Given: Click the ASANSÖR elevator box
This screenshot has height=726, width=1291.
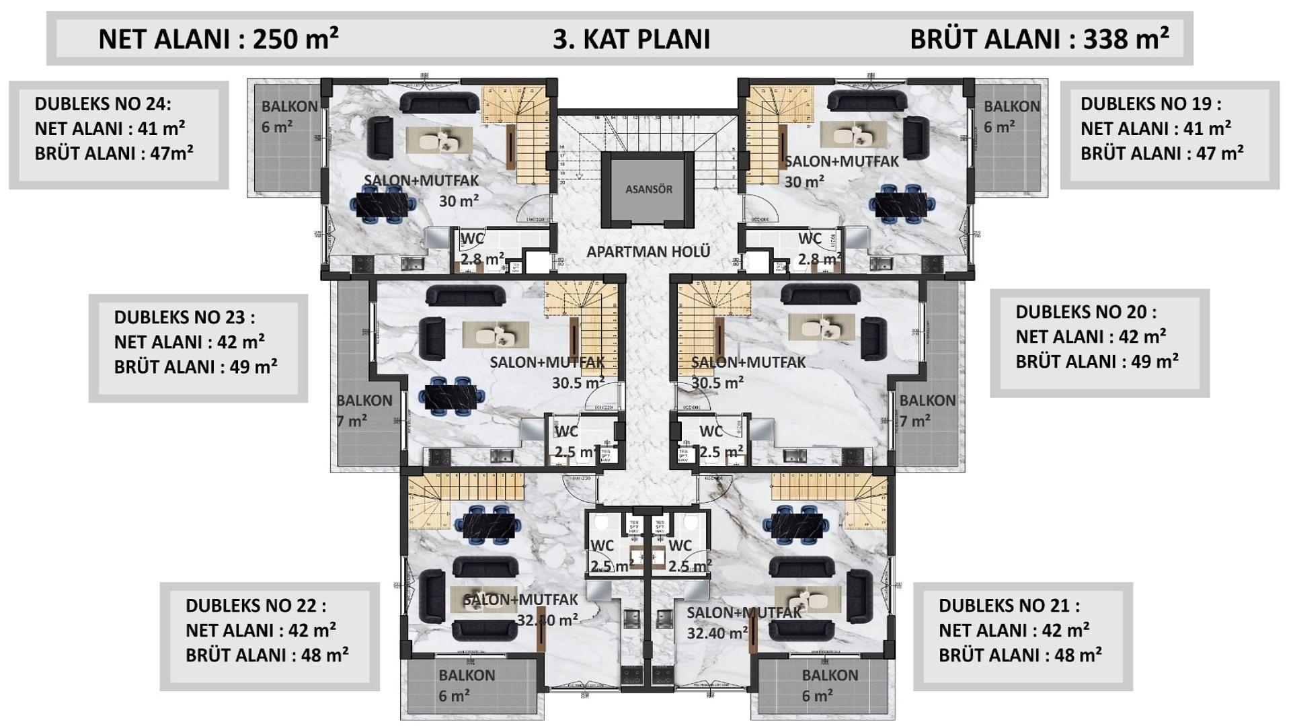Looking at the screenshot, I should click(x=648, y=189).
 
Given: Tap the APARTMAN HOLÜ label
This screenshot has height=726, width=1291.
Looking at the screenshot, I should click(x=648, y=251).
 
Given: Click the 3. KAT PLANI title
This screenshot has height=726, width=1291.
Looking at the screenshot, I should click(x=631, y=39).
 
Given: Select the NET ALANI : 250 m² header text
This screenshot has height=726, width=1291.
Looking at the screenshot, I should click(x=218, y=39).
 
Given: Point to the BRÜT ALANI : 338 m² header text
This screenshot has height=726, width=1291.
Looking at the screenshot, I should click(x=1039, y=39).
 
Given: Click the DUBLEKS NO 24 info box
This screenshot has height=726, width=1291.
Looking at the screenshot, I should click(x=118, y=134).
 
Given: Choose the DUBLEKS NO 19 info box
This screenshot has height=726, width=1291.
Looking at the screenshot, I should click(x=1169, y=134).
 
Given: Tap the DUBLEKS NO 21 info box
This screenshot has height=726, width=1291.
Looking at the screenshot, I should click(x=1022, y=636).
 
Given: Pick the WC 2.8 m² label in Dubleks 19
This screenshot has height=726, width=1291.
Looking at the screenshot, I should click(x=818, y=249).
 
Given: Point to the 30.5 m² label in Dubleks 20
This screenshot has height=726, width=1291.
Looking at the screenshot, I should click(x=717, y=382).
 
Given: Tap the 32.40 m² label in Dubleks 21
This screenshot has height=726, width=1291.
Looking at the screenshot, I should click(x=717, y=633).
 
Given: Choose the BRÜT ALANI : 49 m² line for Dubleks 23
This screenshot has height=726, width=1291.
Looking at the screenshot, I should click(x=195, y=367).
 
